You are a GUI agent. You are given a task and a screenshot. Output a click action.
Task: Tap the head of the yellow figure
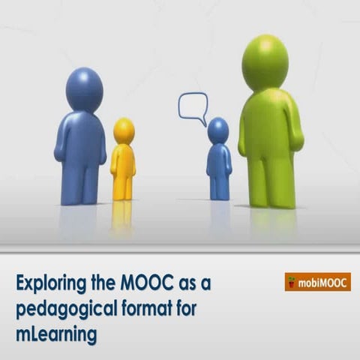(x=124, y=130)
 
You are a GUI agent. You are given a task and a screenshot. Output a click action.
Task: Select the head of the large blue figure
(x=84, y=88)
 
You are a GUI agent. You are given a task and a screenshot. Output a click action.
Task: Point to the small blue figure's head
(x=218, y=130)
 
